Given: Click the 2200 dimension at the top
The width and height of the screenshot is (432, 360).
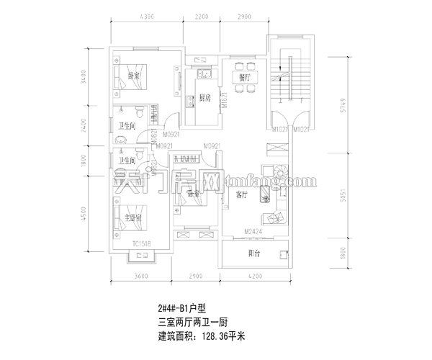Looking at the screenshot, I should (x=202, y=16).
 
